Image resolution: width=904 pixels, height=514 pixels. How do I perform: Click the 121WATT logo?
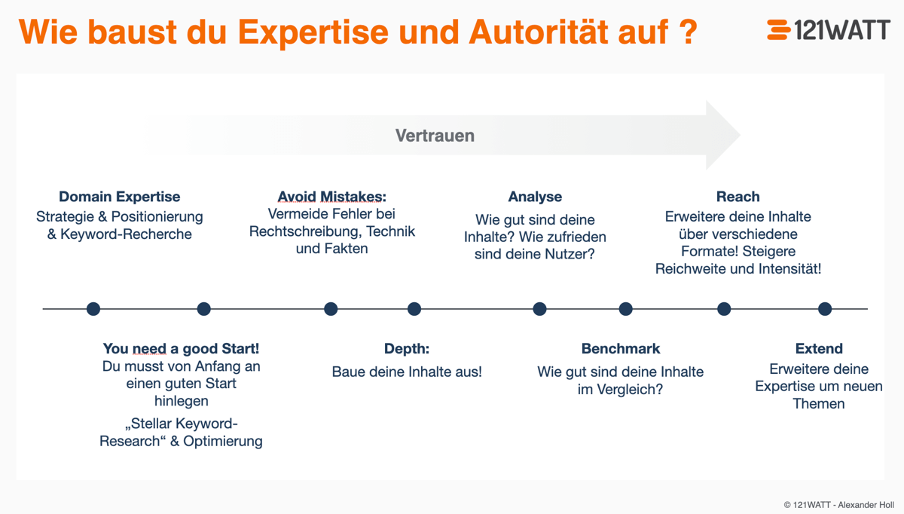point(827,30)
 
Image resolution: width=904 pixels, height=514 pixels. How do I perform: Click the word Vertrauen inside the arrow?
point(435,136)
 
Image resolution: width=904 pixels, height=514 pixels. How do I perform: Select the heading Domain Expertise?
point(119,197)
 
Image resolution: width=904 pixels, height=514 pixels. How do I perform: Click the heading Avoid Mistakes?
point(331,197)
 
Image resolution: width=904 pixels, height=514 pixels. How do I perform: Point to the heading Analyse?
point(535,197)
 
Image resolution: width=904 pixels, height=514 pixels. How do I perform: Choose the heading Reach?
point(738,197)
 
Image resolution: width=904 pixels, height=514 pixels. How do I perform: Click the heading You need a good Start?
point(181,349)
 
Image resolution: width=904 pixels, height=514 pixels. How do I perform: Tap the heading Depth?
point(407,349)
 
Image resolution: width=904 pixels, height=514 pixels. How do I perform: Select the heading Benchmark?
point(620,349)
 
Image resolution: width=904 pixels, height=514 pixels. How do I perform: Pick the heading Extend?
point(819,349)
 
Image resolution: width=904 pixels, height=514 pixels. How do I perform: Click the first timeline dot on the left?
point(93,308)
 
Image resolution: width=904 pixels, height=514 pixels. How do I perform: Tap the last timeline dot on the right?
point(825,308)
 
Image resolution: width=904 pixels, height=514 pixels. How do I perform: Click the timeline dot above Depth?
point(414,308)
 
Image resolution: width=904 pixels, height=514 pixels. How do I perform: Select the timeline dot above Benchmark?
point(625,308)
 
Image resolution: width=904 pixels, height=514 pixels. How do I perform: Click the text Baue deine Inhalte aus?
point(407,372)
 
